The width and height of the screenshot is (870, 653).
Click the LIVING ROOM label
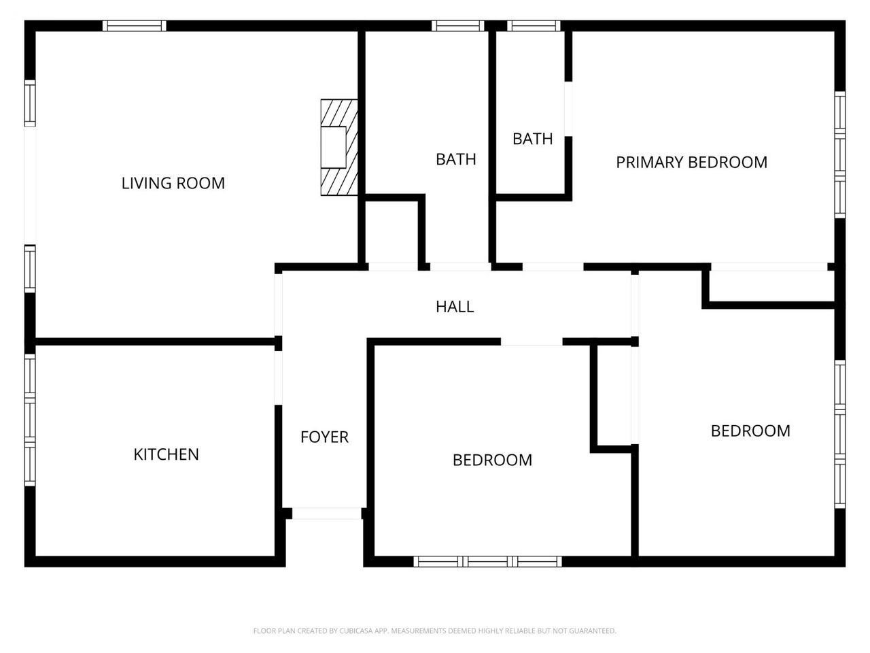point(173,183)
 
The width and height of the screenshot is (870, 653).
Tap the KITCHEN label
point(166,454)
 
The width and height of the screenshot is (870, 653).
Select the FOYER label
point(324,437)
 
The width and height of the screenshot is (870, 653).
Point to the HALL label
point(455,307)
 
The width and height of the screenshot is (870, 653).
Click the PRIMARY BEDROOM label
point(692,162)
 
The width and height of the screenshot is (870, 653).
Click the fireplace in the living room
point(339,147)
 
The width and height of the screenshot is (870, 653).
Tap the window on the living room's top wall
point(135,26)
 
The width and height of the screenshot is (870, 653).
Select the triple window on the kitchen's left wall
point(30,420)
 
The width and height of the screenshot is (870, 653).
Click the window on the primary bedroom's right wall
point(840,154)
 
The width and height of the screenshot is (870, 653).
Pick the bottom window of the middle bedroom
point(488,561)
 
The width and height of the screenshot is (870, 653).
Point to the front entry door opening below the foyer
point(327,514)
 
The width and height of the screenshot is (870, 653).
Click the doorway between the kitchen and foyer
point(278,378)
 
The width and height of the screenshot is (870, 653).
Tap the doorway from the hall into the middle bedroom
point(532,341)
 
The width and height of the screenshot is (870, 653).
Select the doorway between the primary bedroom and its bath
point(568,109)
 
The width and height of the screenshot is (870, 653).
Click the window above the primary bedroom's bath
point(534,26)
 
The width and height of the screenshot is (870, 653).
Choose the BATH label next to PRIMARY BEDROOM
point(532,139)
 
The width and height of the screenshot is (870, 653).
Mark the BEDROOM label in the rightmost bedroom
point(750,431)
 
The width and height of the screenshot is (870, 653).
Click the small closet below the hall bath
point(391,232)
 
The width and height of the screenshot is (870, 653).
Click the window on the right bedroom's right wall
point(840,434)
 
